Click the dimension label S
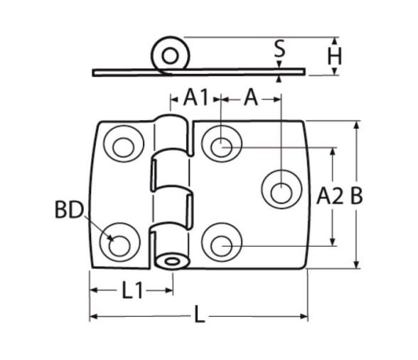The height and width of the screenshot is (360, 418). [279, 48]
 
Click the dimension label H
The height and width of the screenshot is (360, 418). [334, 56]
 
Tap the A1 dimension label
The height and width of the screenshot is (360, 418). [195, 97]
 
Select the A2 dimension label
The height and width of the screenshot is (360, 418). [330, 196]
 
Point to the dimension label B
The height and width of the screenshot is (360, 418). [356, 196]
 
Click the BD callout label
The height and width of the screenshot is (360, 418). [69, 210]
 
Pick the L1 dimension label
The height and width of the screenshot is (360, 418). [132, 290]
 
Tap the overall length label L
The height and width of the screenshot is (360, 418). [199, 314]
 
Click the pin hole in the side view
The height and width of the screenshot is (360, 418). [170, 56]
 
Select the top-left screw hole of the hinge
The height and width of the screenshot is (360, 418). [124, 147]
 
